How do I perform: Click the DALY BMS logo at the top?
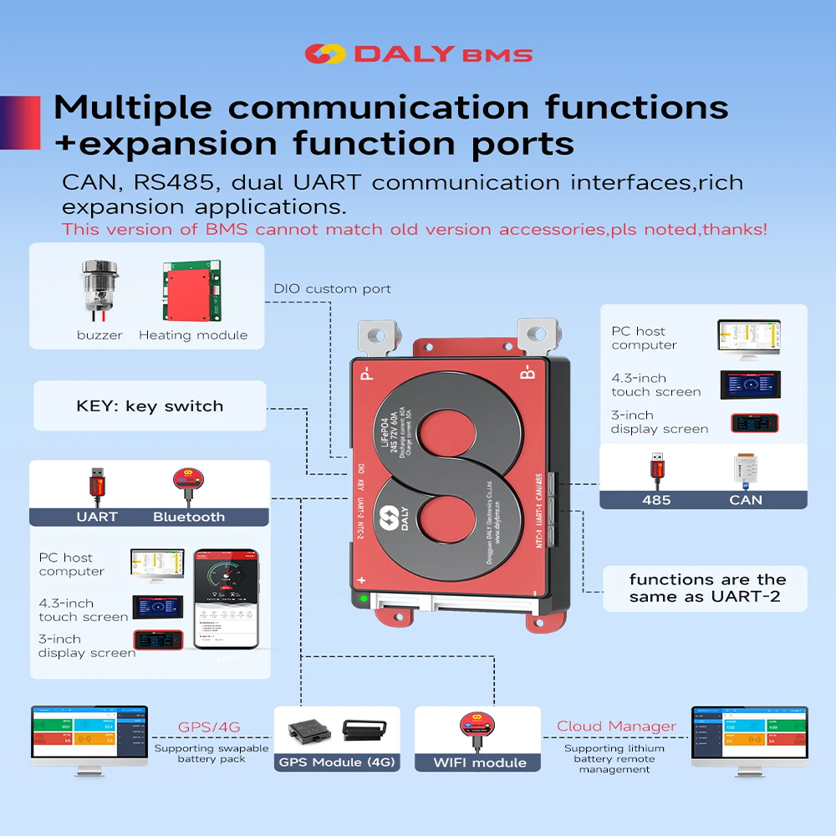pos(418,54)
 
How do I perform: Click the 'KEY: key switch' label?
pos(150,406)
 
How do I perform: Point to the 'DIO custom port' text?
pos(332,289)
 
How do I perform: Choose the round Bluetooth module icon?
pos(187,481)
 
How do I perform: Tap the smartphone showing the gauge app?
pos(226,599)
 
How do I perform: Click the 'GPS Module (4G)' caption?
pos(337,762)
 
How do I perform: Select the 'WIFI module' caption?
pos(479,762)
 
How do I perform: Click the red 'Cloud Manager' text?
pos(616,726)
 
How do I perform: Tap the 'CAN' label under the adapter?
pos(746,499)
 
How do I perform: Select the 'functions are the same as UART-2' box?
pos(706,588)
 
